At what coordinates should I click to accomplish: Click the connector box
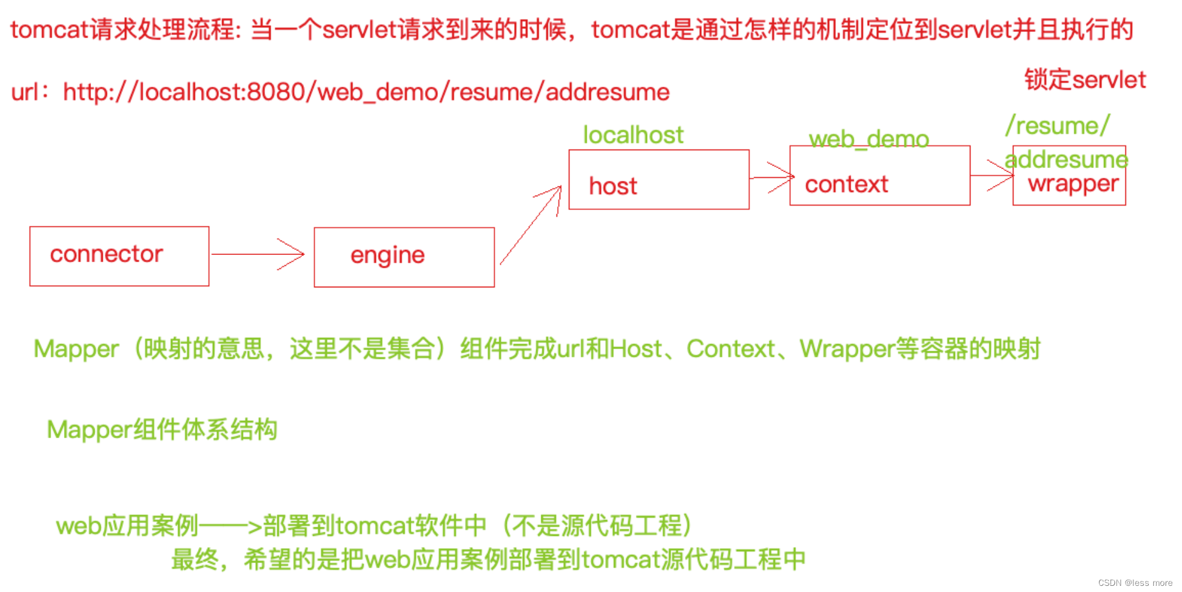pos(119,256)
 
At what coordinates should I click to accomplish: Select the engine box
pos(404,257)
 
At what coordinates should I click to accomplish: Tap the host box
pos(659,180)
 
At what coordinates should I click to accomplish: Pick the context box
pos(879,176)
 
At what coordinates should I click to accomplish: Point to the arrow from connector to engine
pos(258,254)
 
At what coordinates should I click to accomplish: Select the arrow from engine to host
pos(531,225)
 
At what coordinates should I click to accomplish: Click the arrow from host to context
pos(771,177)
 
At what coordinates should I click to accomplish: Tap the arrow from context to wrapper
pos(992,175)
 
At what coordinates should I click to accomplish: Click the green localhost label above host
pos(633,135)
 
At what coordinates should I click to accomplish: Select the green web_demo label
pos(868,139)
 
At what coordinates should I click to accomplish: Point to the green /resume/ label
pos(1058,126)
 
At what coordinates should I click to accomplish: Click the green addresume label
pos(1066,159)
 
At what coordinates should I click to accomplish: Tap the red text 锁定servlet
pos(1085,80)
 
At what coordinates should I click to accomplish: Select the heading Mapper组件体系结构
pos(162,430)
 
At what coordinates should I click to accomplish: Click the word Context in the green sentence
pos(731,349)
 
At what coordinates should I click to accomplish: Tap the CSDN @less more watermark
pos(1135,583)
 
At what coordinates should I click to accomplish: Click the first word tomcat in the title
pos(49,30)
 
